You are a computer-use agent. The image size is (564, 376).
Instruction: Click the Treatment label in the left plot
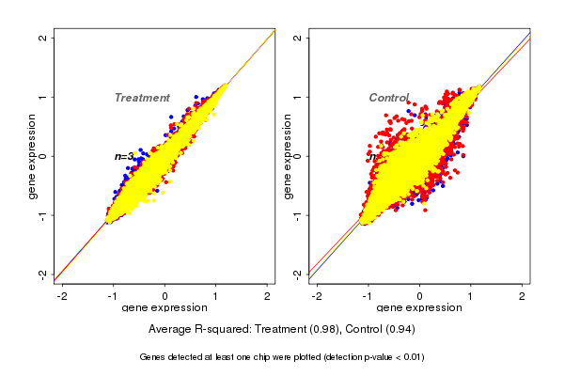142,98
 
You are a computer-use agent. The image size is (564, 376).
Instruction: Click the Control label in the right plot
388,98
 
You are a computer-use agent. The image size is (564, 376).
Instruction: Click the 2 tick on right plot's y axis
298,38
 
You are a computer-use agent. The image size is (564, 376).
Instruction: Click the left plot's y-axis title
32,156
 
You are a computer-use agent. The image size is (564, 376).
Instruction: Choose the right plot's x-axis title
419,307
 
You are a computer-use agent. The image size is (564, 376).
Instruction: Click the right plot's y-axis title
287,156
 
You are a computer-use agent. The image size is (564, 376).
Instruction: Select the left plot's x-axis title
164,307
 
